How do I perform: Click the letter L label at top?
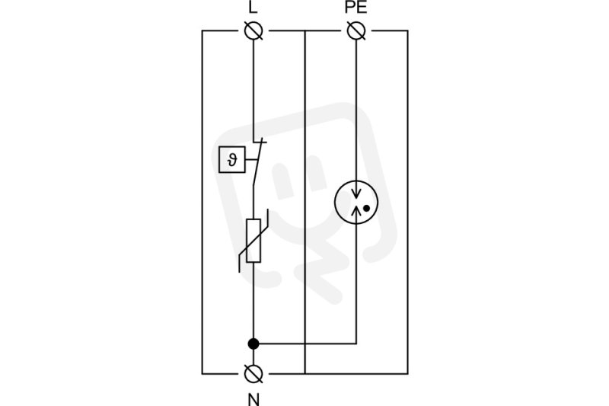(x=253, y=8)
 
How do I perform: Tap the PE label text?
(x=356, y=8)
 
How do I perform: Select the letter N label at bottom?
(x=253, y=399)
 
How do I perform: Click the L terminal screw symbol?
(x=253, y=30)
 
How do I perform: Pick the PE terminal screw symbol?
(x=356, y=30)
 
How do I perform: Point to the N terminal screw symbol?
(x=253, y=374)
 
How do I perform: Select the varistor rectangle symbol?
(x=253, y=241)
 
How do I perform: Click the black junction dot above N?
(x=253, y=344)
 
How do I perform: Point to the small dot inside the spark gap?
(x=366, y=209)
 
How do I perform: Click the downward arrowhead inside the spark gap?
(x=356, y=194)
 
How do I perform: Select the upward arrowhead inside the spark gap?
(x=356, y=209)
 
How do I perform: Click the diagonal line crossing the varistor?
(x=253, y=241)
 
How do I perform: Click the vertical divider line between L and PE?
(x=305, y=203)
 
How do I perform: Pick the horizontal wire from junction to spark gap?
(x=305, y=344)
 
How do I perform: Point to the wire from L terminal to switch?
(x=253, y=91)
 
